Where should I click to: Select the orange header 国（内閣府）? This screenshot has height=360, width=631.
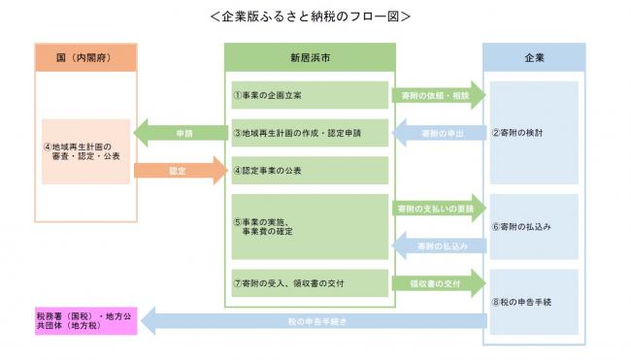tap(85, 57)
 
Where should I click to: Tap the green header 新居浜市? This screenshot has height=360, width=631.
tap(310, 57)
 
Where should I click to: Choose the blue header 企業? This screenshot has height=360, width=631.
tap(534, 57)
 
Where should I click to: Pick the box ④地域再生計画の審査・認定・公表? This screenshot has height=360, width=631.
tap(85, 151)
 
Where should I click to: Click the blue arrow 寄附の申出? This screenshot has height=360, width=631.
tap(439, 133)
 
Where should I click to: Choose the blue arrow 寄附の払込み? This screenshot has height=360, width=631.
tap(439, 246)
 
